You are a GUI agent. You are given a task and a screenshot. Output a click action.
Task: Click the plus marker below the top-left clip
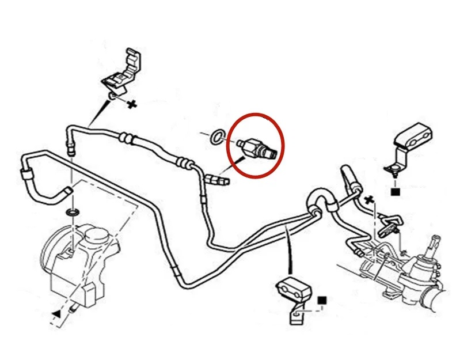click(x=132, y=104)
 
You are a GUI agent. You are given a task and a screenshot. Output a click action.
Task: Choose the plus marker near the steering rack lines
click(x=369, y=200)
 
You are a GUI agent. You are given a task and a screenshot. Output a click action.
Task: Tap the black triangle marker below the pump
click(x=56, y=312)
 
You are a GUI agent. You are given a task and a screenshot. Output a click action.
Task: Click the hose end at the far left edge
click(x=26, y=172)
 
